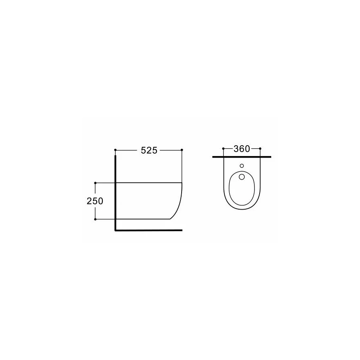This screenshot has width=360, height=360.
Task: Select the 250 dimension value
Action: (x=95, y=201)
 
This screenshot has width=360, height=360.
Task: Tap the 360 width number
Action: (x=242, y=149)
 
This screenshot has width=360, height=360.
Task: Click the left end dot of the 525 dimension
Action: (x=115, y=150)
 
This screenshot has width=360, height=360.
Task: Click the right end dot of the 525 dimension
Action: (x=182, y=150)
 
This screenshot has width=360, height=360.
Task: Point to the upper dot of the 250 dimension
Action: (x=95, y=183)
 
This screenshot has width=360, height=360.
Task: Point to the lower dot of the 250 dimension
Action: (x=95, y=219)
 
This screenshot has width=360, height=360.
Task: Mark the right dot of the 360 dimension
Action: (x=260, y=149)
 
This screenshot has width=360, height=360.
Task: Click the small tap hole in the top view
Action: (x=242, y=166)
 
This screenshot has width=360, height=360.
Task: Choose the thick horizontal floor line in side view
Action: (x=152, y=230)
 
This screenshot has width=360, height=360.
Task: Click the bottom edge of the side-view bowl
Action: (x=144, y=219)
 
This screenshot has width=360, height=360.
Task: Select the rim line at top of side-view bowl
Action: (x=148, y=183)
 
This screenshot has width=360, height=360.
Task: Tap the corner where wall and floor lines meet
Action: (x=116, y=230)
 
